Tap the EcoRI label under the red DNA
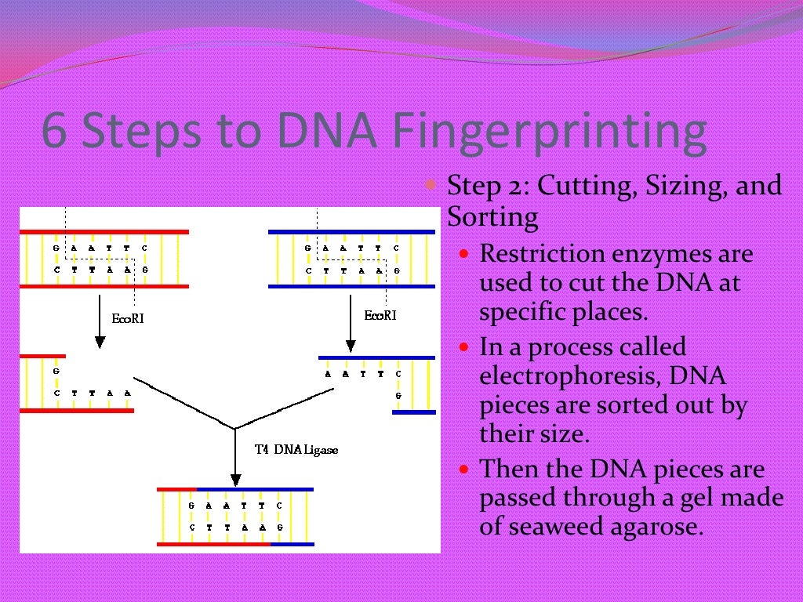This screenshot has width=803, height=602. pos(128,318)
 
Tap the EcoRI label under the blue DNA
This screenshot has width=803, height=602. pos(380,315)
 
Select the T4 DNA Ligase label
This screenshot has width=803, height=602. pos(296,451)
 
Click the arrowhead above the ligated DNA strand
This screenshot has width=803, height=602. pos(234,480)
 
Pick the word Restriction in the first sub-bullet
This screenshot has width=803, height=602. pos(542,254)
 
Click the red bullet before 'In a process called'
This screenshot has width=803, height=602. pos(464,346)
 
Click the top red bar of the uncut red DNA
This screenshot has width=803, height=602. pos(104,232)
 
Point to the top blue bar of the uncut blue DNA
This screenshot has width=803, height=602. pos(351,232)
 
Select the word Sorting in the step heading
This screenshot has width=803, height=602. pos(492,216)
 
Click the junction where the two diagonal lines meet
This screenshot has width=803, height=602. pos(234,428)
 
